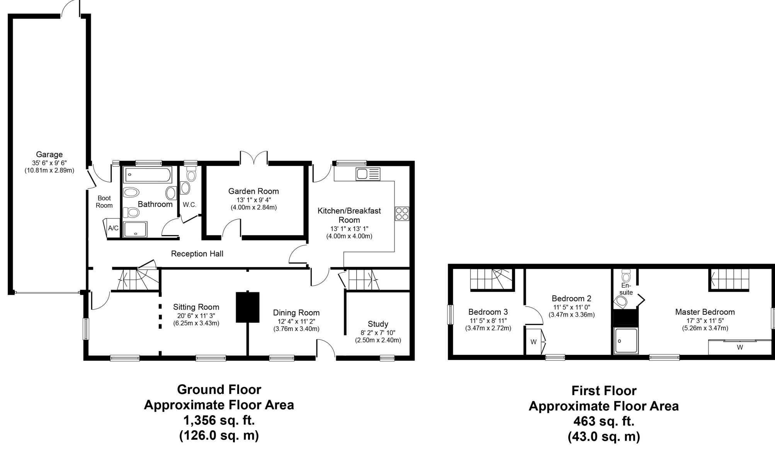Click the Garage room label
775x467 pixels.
pos(49,155)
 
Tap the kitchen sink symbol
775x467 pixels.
pos(369,174)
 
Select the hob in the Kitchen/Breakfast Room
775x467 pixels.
pos(402,214)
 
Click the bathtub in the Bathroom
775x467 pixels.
pos(147,175)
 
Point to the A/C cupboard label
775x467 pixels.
pos(113,228)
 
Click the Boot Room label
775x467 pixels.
pos(104,202)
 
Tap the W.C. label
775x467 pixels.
pos(190,205)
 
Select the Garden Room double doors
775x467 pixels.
pos(254,158)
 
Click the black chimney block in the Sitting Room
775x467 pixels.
pos(248,307)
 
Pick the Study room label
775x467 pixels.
pos(378,324)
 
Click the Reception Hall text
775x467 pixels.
pos(197,254)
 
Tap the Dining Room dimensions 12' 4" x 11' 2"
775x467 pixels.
pos(296,321)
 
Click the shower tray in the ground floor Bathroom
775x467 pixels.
pos(135,229)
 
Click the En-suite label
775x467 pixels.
pos(626,289)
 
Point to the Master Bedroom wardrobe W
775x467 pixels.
pos(739,347)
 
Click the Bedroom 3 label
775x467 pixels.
pos(488,312)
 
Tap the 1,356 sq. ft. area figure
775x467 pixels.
pos(219,420)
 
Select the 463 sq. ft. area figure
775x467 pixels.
pos(604,421)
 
